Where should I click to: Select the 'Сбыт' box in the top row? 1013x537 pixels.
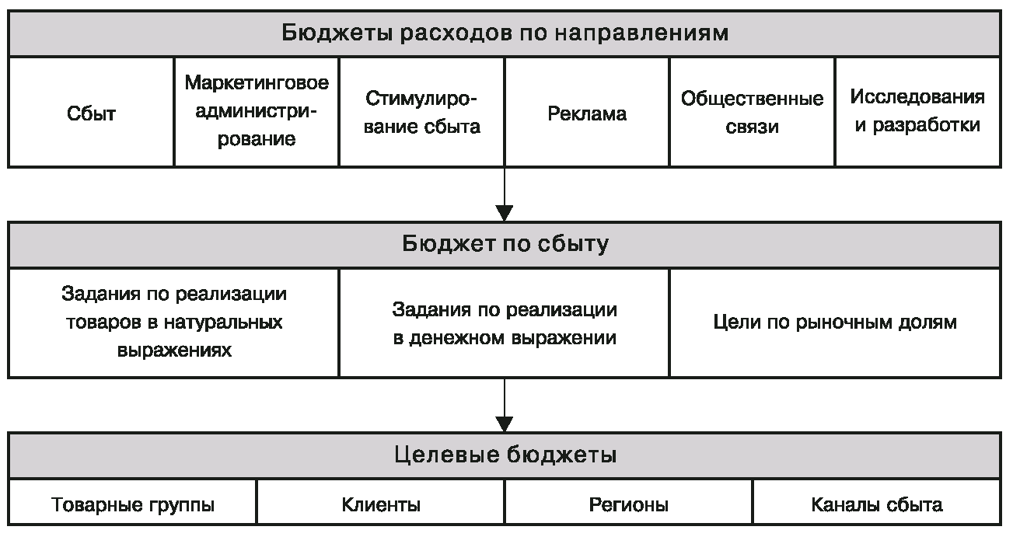coord(91,113)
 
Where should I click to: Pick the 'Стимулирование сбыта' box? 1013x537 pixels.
coord(422,113)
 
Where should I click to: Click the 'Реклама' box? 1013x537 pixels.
coord(587,114)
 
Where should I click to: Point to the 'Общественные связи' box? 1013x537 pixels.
coord(752,113)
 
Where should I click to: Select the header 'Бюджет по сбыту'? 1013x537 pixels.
coord(505,245)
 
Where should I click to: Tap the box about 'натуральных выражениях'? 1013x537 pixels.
coord(174,323)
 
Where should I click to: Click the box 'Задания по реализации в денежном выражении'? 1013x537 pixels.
coord(505,323)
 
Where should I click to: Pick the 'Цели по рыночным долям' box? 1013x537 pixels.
coord(834,323)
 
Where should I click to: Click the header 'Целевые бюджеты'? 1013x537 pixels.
coord(505,455)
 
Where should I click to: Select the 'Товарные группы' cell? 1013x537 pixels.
coord(133,505)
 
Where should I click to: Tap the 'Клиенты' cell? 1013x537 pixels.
coord(381,505)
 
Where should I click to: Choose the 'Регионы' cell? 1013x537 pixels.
coord(629,505)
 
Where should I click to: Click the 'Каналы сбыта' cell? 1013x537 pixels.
coord(877,505)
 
